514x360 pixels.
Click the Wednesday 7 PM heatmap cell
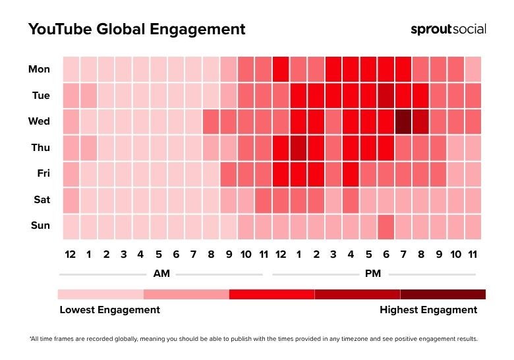(403, 121)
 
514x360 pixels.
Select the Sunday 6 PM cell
(385, 225)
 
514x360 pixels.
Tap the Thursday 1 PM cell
(298, 148)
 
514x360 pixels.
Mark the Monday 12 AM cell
(71, 69)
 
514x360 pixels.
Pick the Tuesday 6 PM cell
(385, 96)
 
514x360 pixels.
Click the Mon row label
(39, 69)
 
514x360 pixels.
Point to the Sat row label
(40, 199)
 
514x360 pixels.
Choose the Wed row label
(40, 121)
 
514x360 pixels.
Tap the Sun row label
(40, 225)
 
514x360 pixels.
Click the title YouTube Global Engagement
(136, 30)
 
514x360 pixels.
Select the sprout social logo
(448, 30)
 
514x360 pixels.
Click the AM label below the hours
(161, 274)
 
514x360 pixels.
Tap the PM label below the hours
(372, 274)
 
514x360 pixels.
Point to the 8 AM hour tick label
(210, 254)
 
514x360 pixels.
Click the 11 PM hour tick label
(472, 254)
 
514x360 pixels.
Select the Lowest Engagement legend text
(109, 309)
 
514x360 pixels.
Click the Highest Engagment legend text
(428, 309)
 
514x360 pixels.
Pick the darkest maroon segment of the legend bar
(443, 294)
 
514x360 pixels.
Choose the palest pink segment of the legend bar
(100, 294)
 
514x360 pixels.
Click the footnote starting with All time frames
(254, 339)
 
